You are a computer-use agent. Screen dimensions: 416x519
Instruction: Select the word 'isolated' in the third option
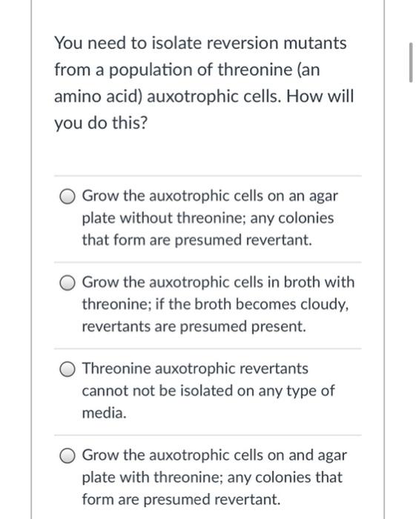220,391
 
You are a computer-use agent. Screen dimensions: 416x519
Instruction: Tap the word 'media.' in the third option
103,412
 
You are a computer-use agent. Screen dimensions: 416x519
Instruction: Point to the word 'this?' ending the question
129,123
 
